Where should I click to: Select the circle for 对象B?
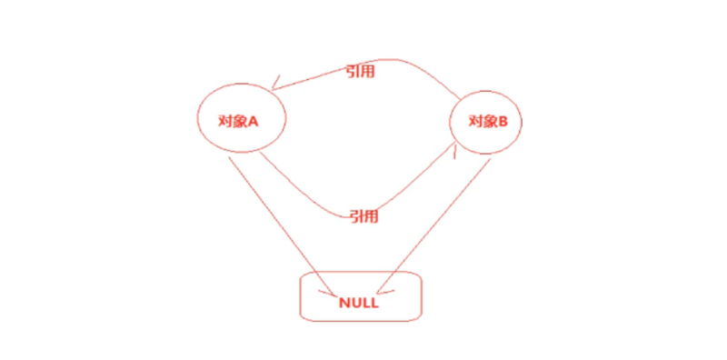click(486, 124)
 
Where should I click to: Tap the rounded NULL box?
click(362, 295)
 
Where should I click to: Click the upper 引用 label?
click(361, 72)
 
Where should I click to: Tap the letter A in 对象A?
click(255, 120)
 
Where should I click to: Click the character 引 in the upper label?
click(353, 72)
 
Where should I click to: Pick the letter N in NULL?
click(344, 304)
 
